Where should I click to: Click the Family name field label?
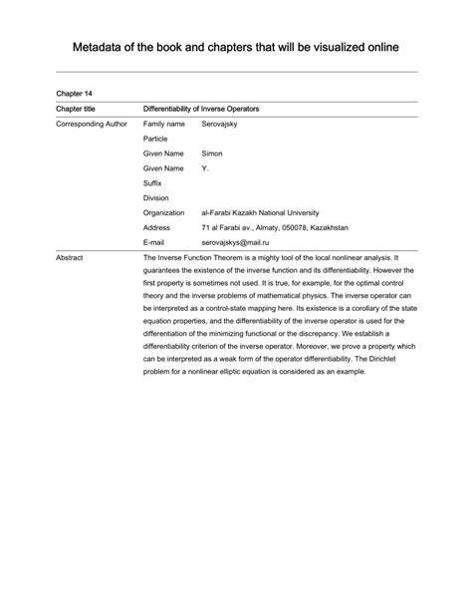click(164, 124)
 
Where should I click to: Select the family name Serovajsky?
click(222, 124)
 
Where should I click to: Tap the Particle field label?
click(155, 139)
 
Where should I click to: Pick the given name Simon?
click(213, 153)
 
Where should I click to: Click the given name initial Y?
click(205, 168)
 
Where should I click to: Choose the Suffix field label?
click(153, 183)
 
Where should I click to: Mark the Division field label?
click(156, 198)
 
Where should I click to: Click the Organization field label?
click(163, 212)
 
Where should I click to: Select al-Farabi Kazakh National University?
click(275, 212)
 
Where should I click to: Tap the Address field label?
click(157, 227)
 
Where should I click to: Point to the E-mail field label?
click(155, 242)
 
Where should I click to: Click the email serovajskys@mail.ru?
click(236, 242)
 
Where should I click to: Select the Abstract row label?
click(70, 258)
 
